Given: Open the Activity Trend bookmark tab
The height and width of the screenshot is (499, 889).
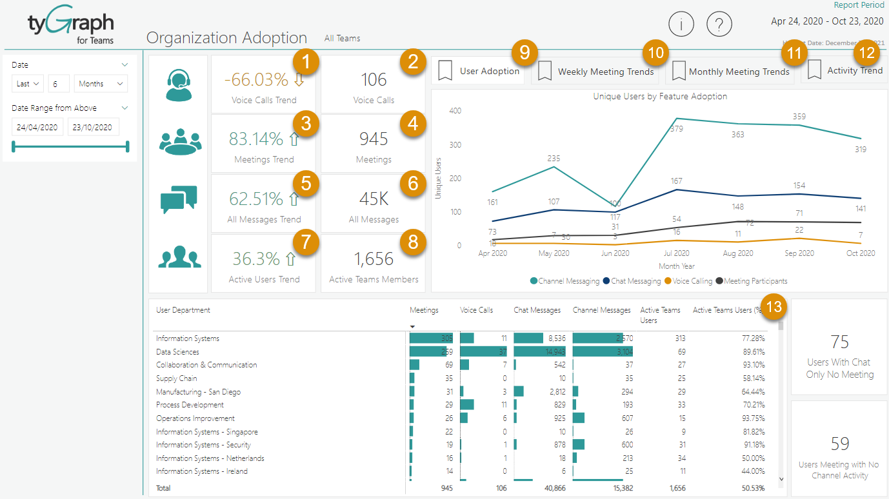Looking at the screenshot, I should coord(844,70).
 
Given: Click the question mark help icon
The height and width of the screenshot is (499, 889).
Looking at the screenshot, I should coord(719,25).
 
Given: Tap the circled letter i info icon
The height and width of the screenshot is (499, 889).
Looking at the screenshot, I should coord(681,25).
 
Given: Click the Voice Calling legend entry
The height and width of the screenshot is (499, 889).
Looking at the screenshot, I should coord(692,281).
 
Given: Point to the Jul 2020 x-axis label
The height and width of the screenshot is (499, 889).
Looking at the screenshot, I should coord(676,253).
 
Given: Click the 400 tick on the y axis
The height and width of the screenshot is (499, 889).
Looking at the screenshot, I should coord(455,111).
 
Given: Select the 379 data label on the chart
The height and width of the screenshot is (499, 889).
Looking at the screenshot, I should coord(676,129).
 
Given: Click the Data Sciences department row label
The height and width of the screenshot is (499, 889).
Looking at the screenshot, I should coord(177,352).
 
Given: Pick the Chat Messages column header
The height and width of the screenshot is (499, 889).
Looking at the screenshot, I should coord(537,310).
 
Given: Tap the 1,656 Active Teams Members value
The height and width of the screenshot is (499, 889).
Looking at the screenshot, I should coord(374,259).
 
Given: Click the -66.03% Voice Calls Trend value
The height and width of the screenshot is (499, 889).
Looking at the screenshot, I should coord(256,80).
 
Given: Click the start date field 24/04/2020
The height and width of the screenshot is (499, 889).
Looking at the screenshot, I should coord(37,127).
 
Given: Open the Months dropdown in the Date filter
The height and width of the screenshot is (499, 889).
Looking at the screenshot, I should coord(101,84).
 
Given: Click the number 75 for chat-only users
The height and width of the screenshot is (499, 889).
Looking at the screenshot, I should coord(839,342).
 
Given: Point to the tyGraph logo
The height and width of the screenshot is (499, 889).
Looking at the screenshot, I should coord(70,27).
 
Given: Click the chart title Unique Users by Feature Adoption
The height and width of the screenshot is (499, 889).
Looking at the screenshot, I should coord(660,96).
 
